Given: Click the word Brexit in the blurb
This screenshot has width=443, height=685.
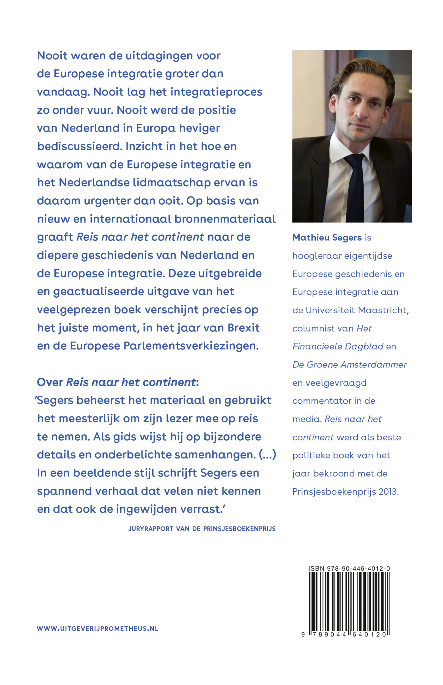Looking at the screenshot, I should click(243, 328).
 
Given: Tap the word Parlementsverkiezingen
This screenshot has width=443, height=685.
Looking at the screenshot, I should click(191, 346).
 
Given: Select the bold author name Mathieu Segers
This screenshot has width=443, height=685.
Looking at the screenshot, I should click(327, 237).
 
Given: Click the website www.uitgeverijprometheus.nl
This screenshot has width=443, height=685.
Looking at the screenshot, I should click(97, 629).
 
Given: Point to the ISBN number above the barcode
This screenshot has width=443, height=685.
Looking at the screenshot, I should click(349, 568).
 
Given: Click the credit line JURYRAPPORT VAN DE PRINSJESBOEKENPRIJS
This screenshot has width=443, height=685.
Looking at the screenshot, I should click(202, 528).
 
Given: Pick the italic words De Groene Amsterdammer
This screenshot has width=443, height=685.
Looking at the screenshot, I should click(349, 365).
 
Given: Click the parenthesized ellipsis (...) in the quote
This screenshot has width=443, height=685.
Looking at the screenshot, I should click(267, 455).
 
